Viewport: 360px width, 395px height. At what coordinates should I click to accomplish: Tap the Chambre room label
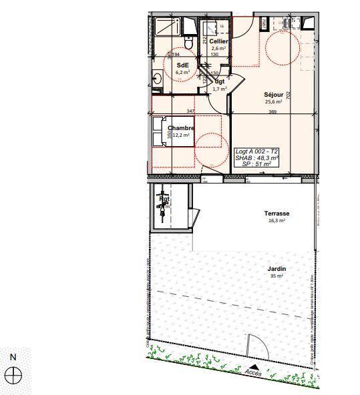pyautogui.click(x=181, y=128)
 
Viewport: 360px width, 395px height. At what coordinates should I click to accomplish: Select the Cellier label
pyautogui.click(x=219, y=41)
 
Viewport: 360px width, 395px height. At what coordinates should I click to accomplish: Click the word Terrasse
pyautogui.click(x=277, y=214)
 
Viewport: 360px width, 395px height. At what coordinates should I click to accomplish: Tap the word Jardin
pyautogui.click(x=277, y=268)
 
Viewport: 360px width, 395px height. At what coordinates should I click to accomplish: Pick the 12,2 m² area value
pyautogui.click(x=182, y=135)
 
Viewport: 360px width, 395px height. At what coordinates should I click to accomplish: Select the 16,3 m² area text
pyautogui.click(x=277, y=221)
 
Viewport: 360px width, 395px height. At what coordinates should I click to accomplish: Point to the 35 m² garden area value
pyautogui.click(x=277, y=276)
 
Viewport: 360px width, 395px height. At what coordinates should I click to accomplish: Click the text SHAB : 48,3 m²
pyautogui.click(x=257, y=157)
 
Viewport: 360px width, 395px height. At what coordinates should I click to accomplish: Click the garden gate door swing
pyautogui.click(x=254, y=347)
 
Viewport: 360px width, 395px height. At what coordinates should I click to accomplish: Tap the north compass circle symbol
pyautogui.click(x=13, y=375)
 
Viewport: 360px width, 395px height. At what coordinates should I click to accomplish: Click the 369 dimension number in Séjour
pyautogui.click(x=273, y=112)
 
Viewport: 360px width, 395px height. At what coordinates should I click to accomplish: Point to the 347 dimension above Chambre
pyautogui.click(x=190, y=111)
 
